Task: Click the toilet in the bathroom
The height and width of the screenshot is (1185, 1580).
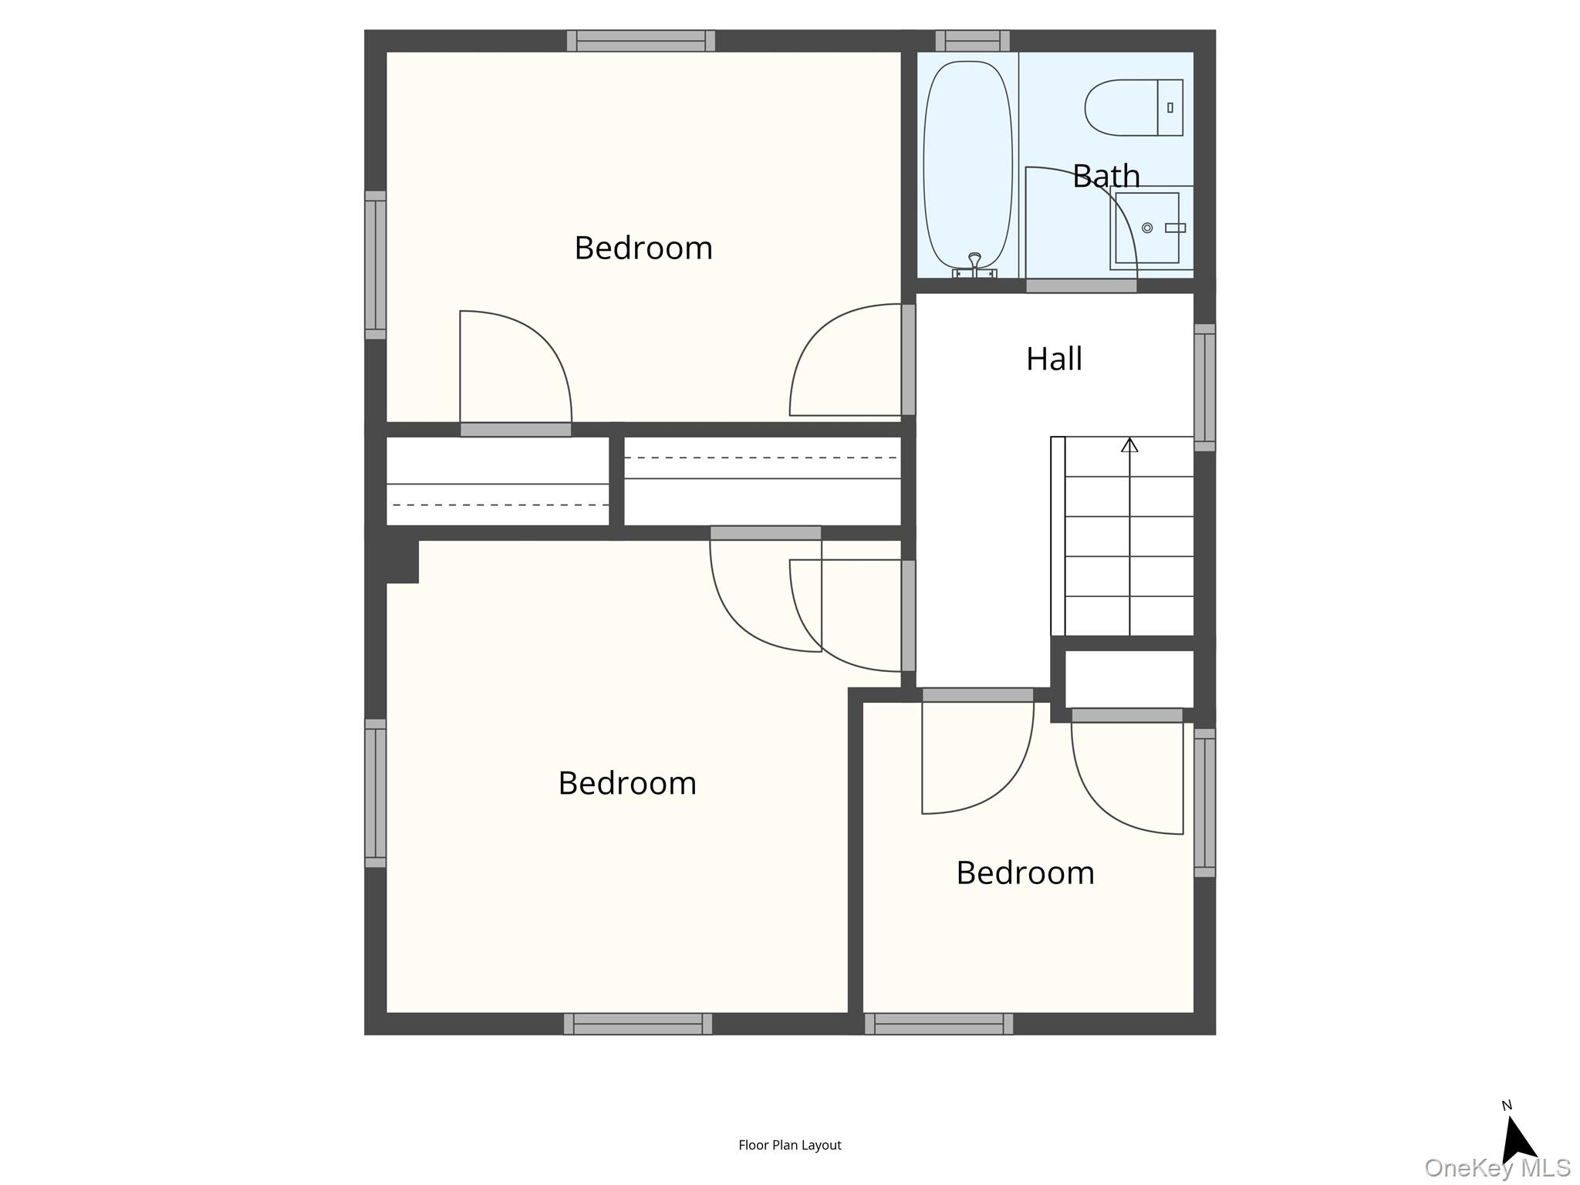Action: [x=1132, y=107]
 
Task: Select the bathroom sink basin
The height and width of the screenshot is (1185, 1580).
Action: [x=1147, y=228]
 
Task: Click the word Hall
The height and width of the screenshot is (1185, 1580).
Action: [x=1054, y=360]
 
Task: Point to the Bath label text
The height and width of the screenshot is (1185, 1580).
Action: [x=1106, y=177]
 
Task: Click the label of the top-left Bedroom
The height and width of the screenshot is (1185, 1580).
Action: [x=643, y=248]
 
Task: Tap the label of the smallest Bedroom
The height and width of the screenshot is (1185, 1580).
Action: [x=1025, y=873]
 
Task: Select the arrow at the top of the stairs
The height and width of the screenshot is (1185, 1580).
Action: [x=1129, y=445]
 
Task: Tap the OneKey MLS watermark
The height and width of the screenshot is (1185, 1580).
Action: [x=1497, y=1167]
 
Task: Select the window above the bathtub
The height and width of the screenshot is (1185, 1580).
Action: [x=972, y=41]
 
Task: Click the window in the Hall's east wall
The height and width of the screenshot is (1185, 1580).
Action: [x=1204, y=387]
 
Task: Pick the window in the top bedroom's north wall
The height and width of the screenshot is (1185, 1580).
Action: [x=640, y=41]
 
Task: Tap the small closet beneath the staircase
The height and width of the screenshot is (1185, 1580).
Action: [x=1129, y=679]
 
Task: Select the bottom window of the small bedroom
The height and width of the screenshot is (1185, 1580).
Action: [x=938, y=1023]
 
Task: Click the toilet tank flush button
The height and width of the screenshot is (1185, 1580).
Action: [x=1170, y=108]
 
